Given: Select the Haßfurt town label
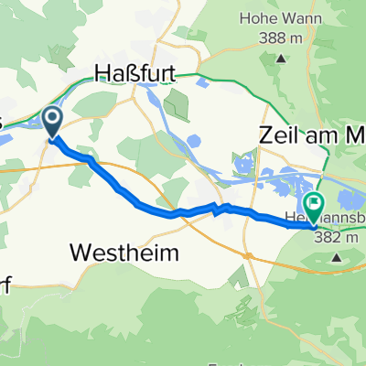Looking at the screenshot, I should tap(134, 71).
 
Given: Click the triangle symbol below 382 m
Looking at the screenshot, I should tap(338, 257).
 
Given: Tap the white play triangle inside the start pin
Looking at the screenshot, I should tap(50, 118).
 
